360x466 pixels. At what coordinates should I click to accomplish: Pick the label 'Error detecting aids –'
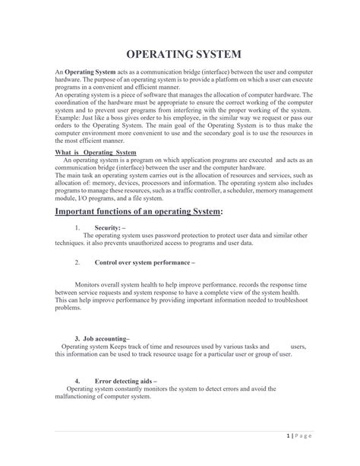pyautogui.click(x=125, y=381)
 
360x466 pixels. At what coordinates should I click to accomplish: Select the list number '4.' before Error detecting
pyautogui.click(x=77, y=381)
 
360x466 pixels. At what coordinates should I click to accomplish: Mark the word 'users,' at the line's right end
pyautogui.click(x=298, y=346)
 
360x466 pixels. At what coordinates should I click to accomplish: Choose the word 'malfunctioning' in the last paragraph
pyautogui.click(x=77, y=396)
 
